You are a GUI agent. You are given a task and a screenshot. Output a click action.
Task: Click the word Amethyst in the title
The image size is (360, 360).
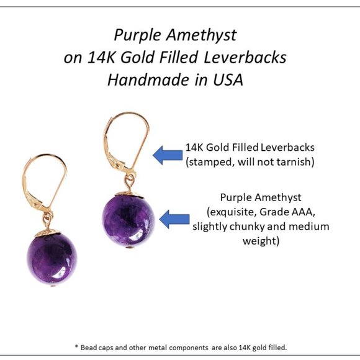pos(209,35)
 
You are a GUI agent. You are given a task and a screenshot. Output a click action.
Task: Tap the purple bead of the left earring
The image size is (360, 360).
pos(52,258)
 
